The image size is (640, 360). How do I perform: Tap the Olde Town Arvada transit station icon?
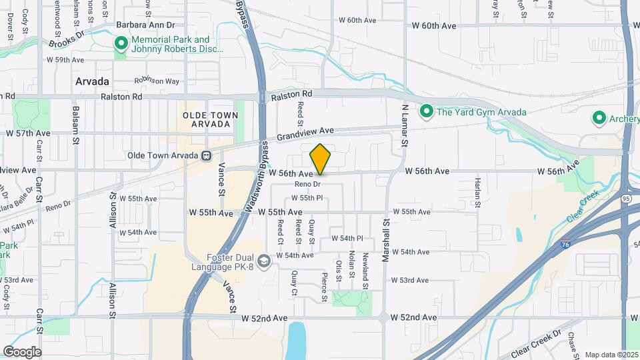coord(207,156)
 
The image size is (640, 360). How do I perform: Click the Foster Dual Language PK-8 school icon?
coord(265,260)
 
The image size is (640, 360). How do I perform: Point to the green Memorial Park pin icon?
coord(121,45)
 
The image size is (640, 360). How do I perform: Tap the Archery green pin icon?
coord(599,119)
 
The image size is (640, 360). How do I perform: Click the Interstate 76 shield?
coord(565,244)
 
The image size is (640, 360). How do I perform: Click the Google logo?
coord(22,351)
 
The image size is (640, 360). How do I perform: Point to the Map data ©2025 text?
coord(610,355)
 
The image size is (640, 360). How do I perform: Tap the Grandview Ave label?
coord(305,133)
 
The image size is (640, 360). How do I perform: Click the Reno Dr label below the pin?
coord(308,183)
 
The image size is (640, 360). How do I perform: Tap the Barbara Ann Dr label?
coord(145,25)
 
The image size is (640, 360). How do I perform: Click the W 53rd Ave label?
coord(409,280)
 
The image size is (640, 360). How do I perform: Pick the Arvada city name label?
coord(91,81)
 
